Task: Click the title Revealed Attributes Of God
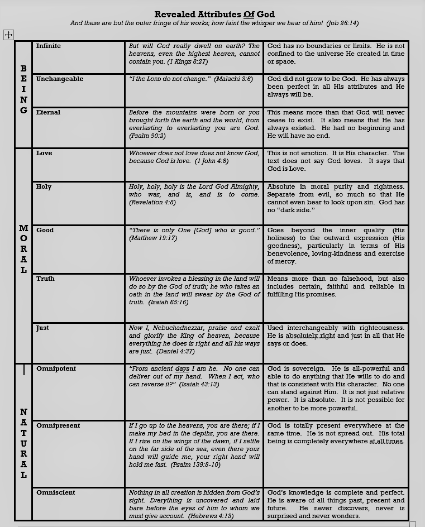tap(214, 14)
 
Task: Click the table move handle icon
tap(8, 35)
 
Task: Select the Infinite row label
tap(49, 46)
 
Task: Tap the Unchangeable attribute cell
tap(60, 79)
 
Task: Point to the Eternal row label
tap(49, 112)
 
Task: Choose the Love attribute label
tap(44, 153)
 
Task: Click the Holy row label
tap(44, 186)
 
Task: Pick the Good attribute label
tap(45, 230)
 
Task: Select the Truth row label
tap(45, 279)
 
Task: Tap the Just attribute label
tap(42, 328)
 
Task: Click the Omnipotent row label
tap(56, 368)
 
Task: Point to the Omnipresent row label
tap(58, 425)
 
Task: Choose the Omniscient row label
tap(56, 492)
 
